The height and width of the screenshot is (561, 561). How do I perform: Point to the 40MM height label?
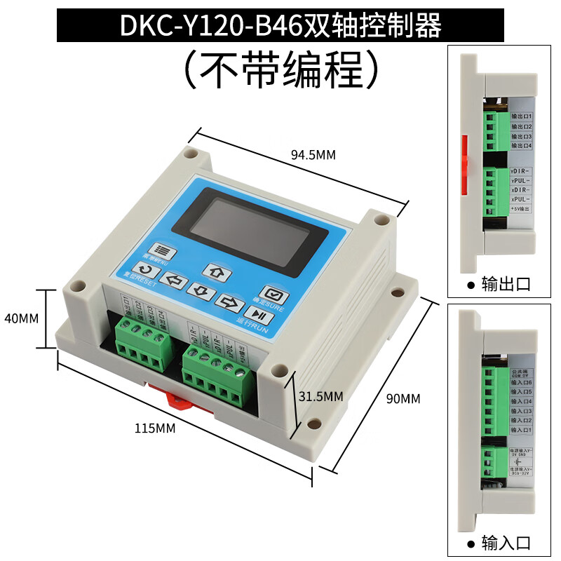21,318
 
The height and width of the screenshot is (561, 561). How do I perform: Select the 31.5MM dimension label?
320,396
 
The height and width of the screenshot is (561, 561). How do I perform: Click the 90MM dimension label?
403,398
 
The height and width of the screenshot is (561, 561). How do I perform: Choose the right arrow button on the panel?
229,302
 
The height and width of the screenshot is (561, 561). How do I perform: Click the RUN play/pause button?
259,316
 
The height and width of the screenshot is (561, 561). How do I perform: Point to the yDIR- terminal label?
520,171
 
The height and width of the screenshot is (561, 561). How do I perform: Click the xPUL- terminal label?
520,199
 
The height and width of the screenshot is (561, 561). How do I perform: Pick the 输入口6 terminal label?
522,383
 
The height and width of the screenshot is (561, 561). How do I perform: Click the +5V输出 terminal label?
521,209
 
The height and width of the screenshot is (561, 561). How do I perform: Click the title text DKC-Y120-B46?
210,26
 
